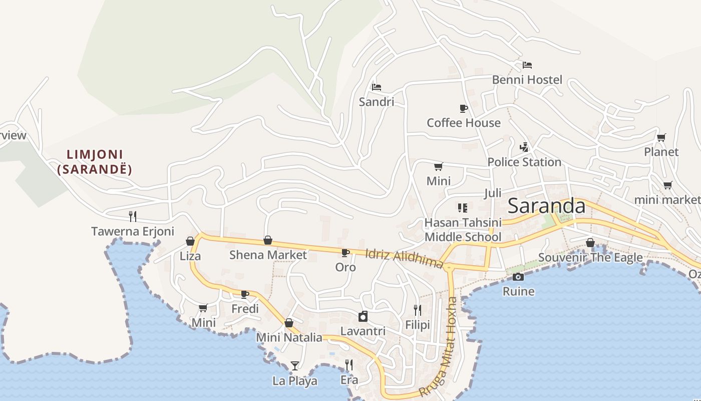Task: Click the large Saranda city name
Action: point(546,206)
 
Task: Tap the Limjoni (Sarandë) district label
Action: point(95,162)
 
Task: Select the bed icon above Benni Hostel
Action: point(527,65)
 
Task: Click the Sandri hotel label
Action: point(377,102)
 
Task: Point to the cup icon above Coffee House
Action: point(464,108)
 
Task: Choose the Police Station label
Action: point(524,162)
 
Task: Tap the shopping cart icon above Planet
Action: point(661,137)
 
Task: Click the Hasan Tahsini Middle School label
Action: point(463,230)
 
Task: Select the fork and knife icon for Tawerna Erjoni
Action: point(133,217)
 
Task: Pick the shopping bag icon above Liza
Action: point(190,241)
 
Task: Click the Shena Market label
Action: point(268,255)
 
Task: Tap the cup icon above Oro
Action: point(345,253)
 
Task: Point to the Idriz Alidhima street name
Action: point(404,258)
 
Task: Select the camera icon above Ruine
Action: point(518,277)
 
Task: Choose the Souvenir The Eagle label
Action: point(590,258)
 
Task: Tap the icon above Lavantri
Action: point(363,316)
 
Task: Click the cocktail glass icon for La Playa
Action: point(295,366)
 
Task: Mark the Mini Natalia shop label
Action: point(289,337)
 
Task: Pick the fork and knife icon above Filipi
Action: point(418,310)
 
